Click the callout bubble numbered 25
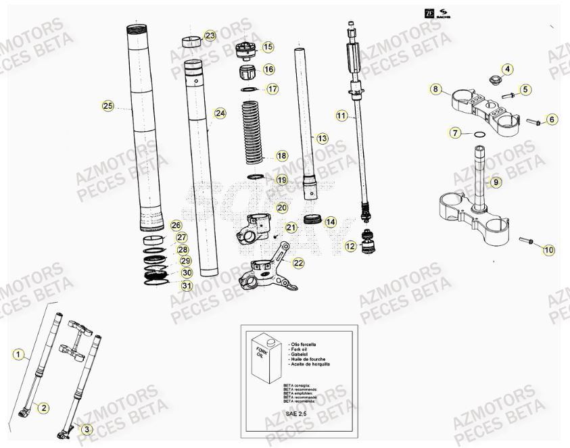coord(107,105)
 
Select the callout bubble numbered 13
coord(322,138)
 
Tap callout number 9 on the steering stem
coord(496,182)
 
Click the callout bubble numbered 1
coord(19,353)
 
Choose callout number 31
coord(186,286)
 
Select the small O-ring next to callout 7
coord(479,135)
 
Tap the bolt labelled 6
coord(532,122)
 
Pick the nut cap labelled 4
coord(492,82)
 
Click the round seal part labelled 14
coord(312,220)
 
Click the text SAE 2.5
coord(295,413)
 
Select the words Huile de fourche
coord(310,359)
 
